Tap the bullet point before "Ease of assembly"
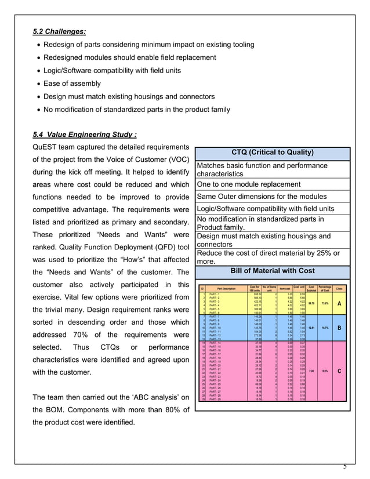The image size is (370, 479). coord(38,84)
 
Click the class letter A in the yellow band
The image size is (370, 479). coord(339,303)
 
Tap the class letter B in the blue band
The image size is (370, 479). coord(339,327)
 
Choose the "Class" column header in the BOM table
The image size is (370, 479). coord(339,289)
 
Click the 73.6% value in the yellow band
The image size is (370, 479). coord(325,303)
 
